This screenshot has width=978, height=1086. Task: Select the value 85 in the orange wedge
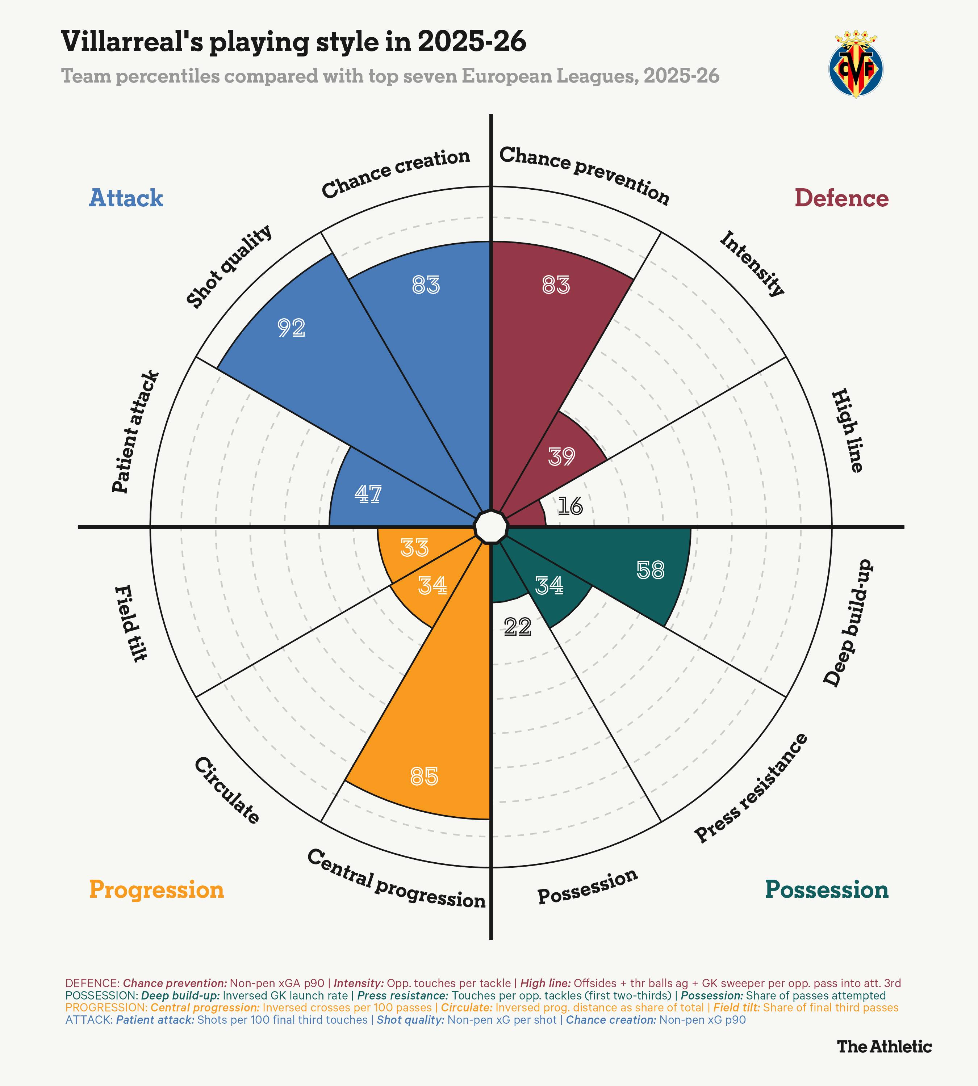(424, 776)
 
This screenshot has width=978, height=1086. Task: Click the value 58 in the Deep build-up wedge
(650, 571)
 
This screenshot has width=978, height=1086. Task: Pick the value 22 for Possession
(518, 627)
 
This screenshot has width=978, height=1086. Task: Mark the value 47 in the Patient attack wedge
(368, 494)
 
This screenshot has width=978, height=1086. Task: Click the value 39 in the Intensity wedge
(561, 456)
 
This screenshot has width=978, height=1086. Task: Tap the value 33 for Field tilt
(414, 548)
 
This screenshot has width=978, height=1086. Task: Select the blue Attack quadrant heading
(126, 198)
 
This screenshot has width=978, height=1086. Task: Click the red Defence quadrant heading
(841, 198)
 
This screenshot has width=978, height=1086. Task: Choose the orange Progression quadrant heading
(156, 889)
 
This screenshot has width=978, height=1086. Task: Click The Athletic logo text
(884, 1046)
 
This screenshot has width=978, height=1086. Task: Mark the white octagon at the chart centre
(490, 527)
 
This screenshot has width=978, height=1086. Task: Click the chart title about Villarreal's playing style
(293, 42)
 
